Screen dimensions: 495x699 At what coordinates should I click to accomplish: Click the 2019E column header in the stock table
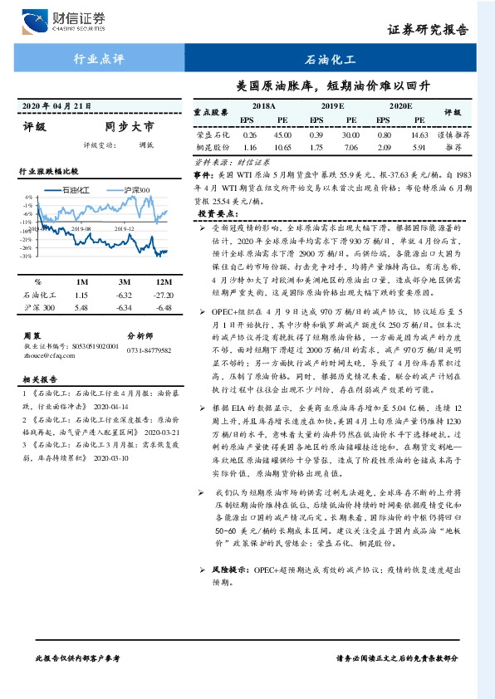[332, 107]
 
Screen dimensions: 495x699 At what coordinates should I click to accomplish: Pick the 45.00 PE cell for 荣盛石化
[282, 134]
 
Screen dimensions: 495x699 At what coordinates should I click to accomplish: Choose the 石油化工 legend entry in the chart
[86, 190]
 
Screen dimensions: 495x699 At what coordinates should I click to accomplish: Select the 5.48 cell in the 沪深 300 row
[81, 308]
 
